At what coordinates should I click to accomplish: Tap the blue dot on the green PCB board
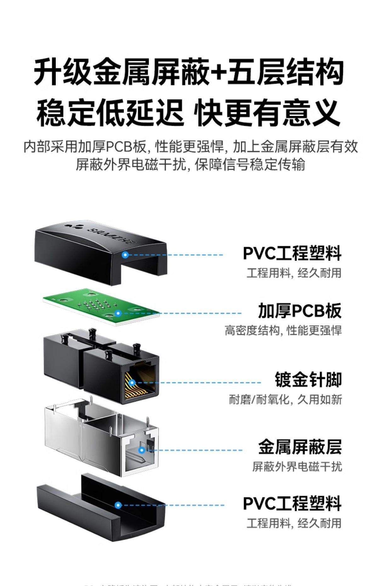118,313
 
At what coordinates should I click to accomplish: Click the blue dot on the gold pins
132,383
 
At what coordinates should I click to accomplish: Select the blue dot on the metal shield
142,450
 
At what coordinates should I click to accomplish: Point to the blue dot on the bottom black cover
118,505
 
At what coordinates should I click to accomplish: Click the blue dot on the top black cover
125,255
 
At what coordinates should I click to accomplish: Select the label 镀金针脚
308,380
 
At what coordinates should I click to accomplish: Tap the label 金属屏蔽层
300,447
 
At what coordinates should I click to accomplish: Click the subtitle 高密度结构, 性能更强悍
283,331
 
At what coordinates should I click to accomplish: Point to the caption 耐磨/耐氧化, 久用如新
285,400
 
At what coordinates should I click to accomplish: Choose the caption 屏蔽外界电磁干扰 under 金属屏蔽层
297,466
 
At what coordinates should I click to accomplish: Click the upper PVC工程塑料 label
292,253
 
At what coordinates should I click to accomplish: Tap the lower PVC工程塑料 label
292,504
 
